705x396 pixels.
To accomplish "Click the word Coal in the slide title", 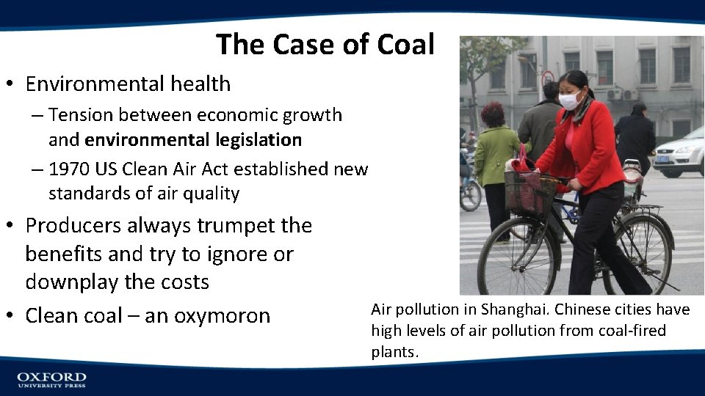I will (406, 45).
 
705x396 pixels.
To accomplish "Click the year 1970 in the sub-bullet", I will (68, 169).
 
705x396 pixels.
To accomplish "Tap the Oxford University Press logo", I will (51, 379).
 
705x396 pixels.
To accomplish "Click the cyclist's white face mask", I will (570, 101).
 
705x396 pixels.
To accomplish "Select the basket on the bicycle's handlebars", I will (529, 193).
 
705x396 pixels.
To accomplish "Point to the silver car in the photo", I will (680, 153).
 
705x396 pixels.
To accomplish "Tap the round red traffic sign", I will (548, 77).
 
